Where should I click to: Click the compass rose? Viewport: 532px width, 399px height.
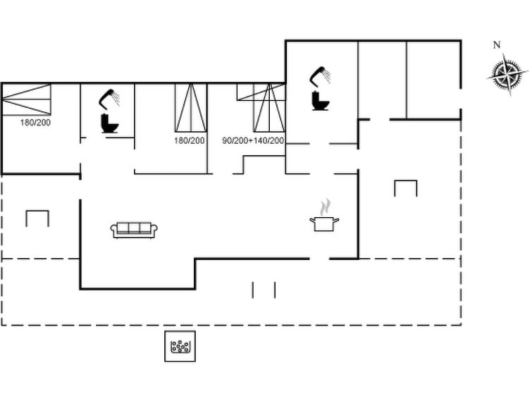pyautogui.click(x=507, y=74)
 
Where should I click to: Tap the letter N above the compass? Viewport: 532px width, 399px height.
pyautogui.click(x=497, y=45)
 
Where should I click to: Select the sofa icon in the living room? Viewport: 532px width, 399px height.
pyautogui.click(x=134, y=231)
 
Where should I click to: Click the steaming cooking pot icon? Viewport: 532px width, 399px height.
pyautogui.click(x=324, y=223)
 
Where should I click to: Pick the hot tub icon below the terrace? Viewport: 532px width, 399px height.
pyautogui.click(x=180, y=346)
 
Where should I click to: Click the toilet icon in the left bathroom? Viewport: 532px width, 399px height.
pyautogui.click(x=110, y=123)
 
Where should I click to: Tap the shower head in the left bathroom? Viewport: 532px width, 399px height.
pyautogui.click(x=109, y=98)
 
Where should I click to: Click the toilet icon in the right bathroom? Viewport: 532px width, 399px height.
pyautogui.click(x=320, y=101)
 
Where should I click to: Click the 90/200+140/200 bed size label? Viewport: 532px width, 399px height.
pyautogui.click(x=253, y=140)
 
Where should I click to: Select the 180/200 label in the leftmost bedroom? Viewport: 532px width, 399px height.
pyautogui.click(x=35, y=123)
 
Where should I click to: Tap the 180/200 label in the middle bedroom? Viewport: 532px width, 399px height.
pyautogui.click(x=190, y=140)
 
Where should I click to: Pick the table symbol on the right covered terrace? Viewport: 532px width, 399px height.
pyautogui.click(x=406, y=188)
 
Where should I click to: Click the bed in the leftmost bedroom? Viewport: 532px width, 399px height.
pyautogui.click(x=27, y=99)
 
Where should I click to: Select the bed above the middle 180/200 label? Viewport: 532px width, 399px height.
pyautogui.click(x=191, y=108)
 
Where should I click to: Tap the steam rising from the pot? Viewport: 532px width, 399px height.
pyautogui.click(x=325, y=207)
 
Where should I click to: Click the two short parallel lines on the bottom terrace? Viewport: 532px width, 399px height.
pyautogui.click(x=264, y=290)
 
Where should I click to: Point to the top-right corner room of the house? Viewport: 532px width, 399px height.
pyautogui.click(x=433, y=80)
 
